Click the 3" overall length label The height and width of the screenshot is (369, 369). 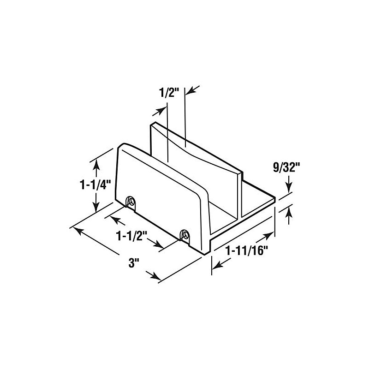pos(134,263)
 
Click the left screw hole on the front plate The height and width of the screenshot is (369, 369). pos(131,201)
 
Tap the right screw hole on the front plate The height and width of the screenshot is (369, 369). pos(185,234)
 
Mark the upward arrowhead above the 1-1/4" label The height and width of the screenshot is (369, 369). pos(96,161)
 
